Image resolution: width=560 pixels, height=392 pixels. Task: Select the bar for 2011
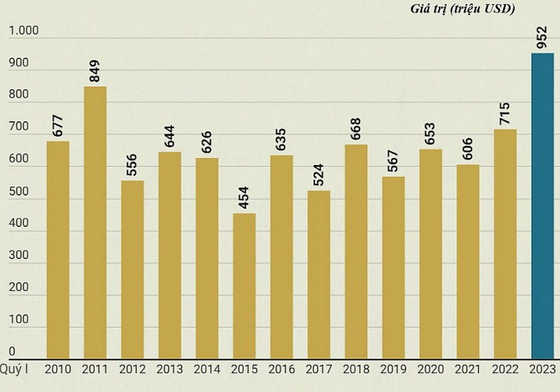coord(95,223)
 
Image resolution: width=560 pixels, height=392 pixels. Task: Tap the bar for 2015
coord(244,285)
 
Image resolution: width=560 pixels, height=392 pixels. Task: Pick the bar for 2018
coord(356,251)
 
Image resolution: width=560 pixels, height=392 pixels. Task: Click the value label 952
coord(542,38)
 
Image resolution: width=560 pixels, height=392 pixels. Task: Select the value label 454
coord(243,198)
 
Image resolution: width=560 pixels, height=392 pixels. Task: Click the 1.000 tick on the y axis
coord(24,32)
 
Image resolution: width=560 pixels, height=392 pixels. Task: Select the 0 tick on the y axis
coord(12,352)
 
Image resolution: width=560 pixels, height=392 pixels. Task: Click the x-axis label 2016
coord(282,370)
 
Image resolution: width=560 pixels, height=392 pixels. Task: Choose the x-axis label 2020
coord(431,370)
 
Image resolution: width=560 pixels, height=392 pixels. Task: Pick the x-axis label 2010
coord(58,370)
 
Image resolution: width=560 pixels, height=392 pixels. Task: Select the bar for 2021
coord(468,262)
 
